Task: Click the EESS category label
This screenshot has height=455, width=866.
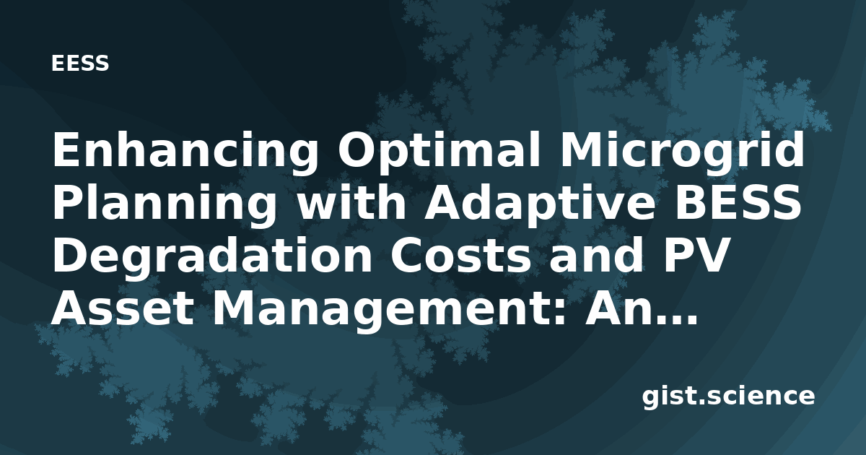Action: point(80,64)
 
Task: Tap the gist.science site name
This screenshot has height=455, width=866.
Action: point(728,397)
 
